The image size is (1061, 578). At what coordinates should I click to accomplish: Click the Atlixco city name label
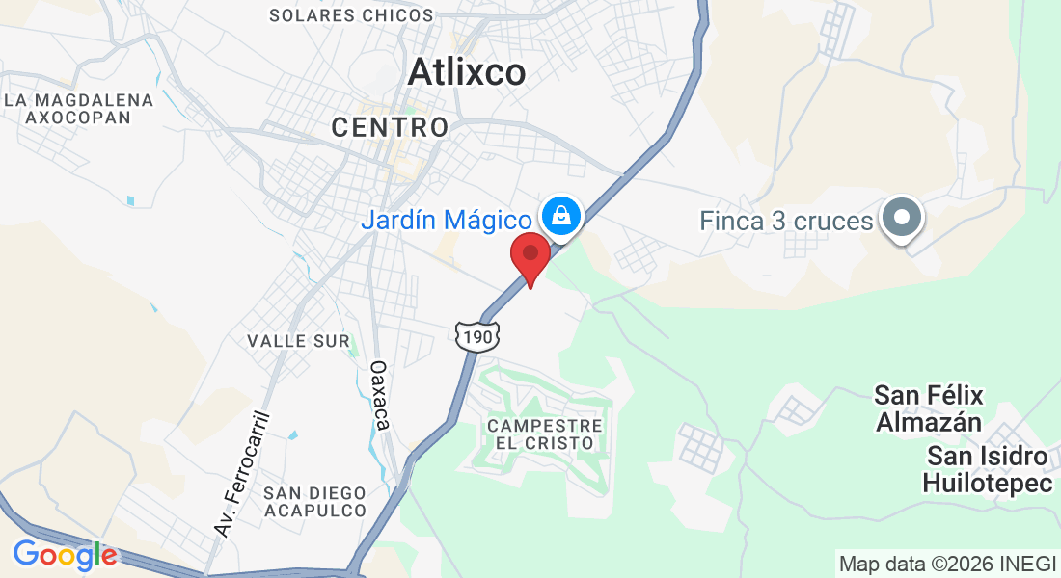(467, 72)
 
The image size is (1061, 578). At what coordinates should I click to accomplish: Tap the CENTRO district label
(390, 126)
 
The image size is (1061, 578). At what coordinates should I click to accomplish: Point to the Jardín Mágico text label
(446, 220)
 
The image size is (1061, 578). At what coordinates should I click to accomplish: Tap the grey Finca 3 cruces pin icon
(903, 218)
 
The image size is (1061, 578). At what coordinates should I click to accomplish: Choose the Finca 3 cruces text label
(786, 222)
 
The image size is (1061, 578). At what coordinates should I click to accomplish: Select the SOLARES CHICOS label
(351, 15)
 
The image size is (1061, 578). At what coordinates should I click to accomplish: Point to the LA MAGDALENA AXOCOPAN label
(79, 108)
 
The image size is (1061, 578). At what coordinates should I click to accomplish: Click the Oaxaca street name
(380, 395)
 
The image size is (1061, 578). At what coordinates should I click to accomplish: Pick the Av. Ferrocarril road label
(238, 473)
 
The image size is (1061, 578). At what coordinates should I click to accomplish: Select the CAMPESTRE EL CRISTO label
(546, 433)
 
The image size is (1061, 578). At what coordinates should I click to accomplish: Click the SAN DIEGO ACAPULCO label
(314, 501)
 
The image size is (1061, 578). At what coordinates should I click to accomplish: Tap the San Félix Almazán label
(928, 408)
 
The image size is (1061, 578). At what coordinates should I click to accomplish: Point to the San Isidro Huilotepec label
(988, 469)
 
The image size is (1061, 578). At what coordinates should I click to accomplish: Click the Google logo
(65, 555)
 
